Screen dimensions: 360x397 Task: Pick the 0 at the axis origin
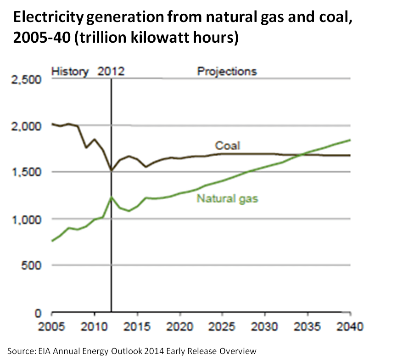39,313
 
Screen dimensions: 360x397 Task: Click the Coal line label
228,146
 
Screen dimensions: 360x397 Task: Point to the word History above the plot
69,72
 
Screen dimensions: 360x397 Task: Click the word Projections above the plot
227,72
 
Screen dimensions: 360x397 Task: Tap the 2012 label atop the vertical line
111,72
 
